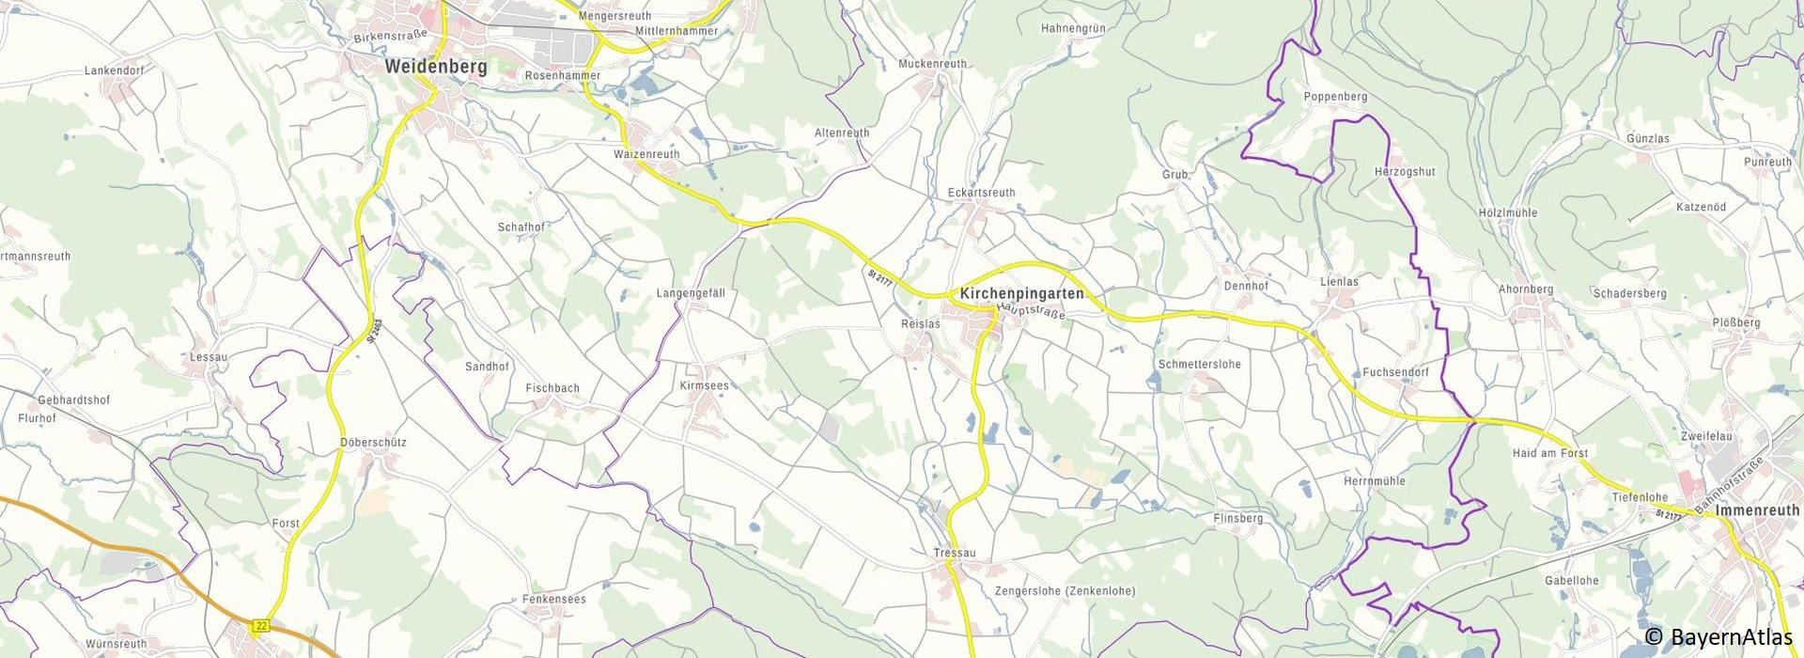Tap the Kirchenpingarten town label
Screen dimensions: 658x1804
click(x=1022, y=294)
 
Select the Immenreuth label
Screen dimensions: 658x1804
click(x=1757, y=510)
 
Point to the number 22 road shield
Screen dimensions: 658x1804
click(x=261, y=625)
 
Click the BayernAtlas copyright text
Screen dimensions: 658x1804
click(x=1720, y=637)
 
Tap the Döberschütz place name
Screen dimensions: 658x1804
click(x=373, y=442)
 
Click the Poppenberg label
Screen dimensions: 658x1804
click(x=1335, y=97)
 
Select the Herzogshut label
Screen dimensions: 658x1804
click(x=1405, y=172)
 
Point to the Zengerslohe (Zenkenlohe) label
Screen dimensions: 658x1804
click(x=1065, y=591)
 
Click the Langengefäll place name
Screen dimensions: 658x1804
click(x=691, y=293)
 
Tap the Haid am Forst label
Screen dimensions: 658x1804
click(x=1549, y=453)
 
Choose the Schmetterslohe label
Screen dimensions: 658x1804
click(x=1200, y=364)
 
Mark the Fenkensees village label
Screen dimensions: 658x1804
click(x=555, y=599)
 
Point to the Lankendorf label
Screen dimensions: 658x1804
click(x=113, y=70)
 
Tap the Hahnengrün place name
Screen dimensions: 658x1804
click(x=1073, y=28)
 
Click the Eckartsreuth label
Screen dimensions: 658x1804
click(x=981, y=193)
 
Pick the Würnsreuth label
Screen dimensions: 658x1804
click(x=116, y=644)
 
